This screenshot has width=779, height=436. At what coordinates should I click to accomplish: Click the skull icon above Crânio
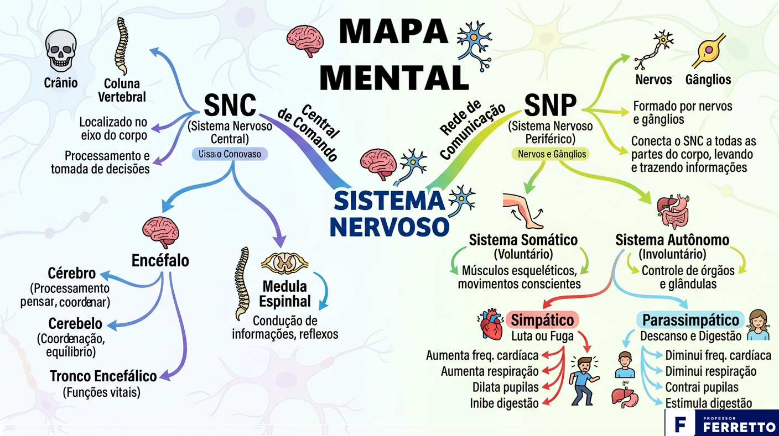point(61,51)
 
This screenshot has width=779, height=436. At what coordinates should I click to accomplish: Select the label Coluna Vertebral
point(122,91)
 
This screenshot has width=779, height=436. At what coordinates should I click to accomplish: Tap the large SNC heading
point(230,105)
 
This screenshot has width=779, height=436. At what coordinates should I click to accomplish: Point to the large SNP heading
point(550,105)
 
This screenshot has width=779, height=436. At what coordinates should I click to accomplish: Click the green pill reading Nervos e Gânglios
point(550,154)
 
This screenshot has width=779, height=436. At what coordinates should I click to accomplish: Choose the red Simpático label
point(542,320)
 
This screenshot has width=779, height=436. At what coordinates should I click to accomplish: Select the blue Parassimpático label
point(690,320)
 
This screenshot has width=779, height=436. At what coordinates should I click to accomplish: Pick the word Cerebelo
point(75,323)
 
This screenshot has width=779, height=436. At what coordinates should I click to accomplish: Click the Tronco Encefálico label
point(103,376)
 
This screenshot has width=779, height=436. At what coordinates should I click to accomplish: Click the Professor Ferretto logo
point(721,423)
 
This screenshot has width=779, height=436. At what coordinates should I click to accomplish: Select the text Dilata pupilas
point(505,387)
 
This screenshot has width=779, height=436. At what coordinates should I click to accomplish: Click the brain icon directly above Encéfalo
point(160,232)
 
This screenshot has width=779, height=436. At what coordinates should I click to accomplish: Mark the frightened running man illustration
point(583,379)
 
